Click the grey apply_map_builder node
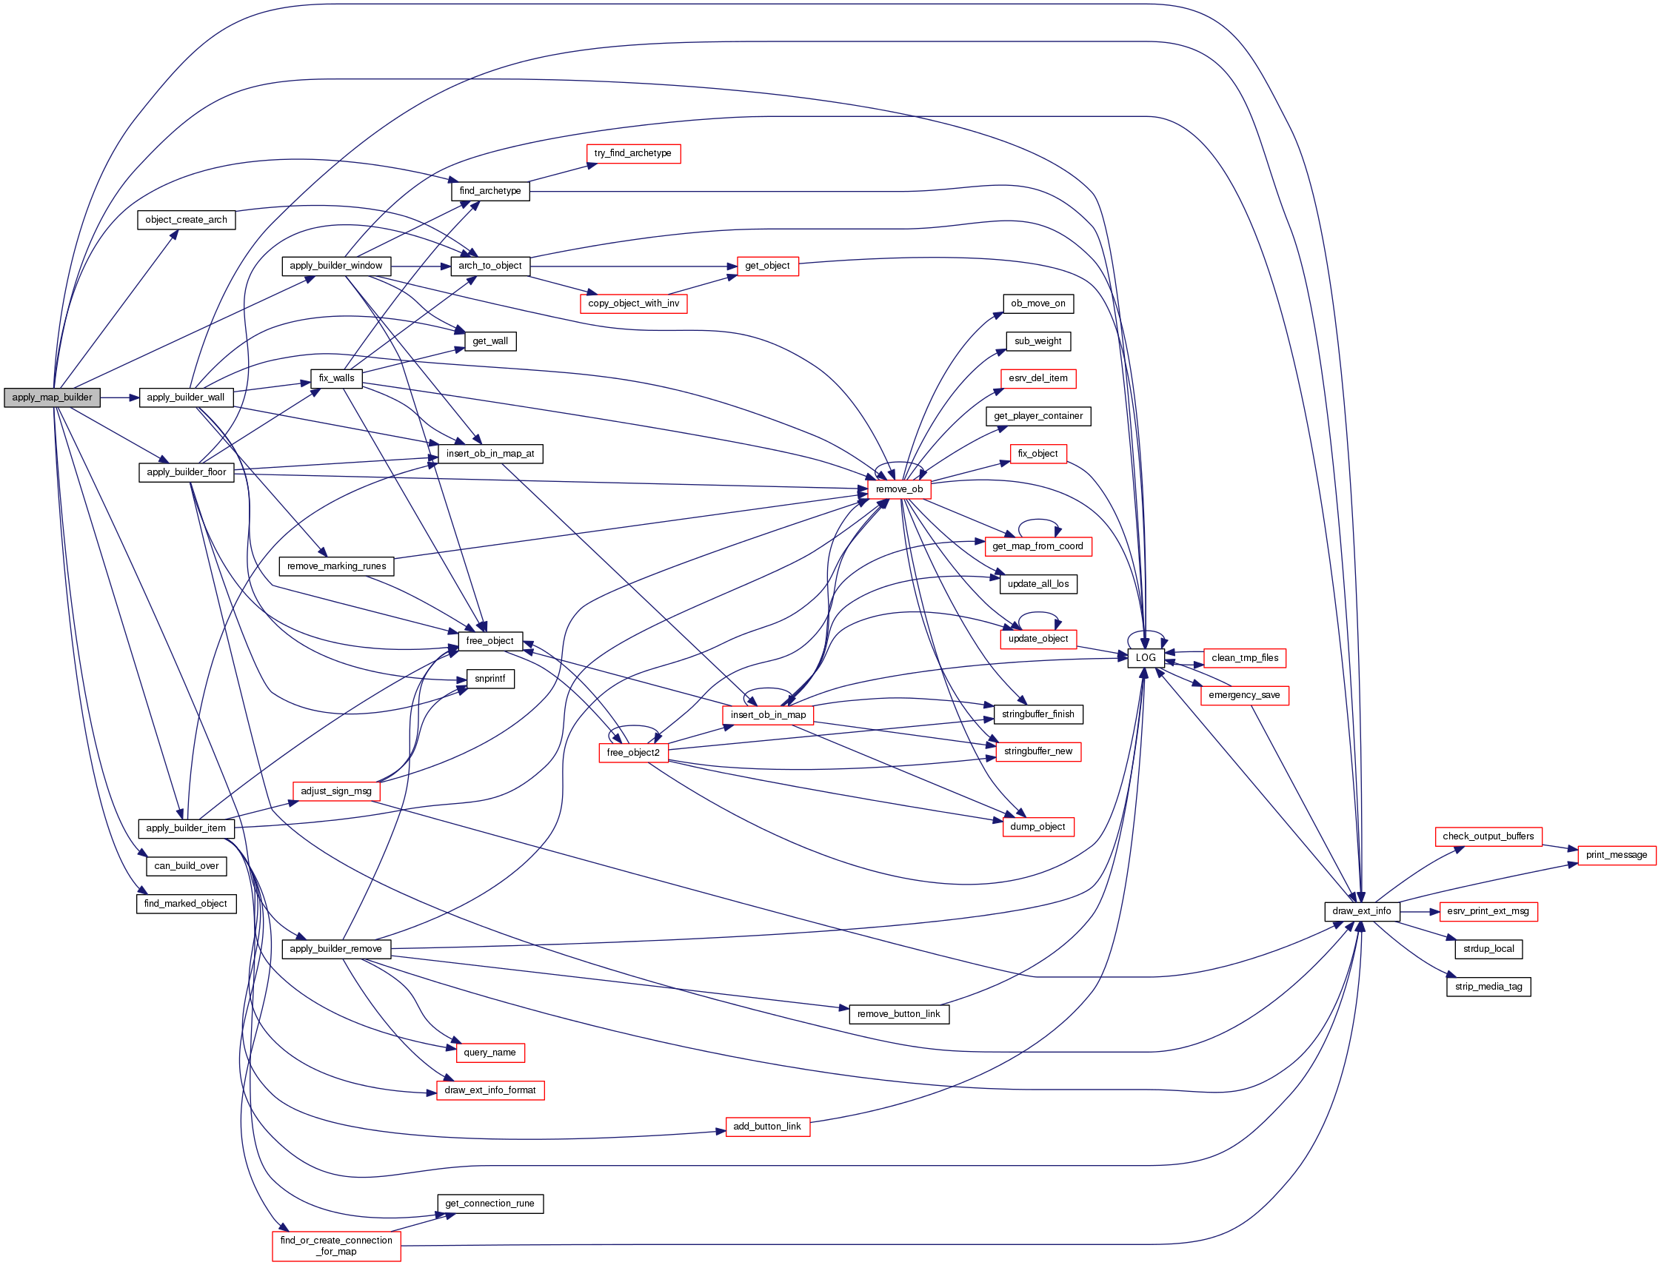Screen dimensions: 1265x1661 (52, 397)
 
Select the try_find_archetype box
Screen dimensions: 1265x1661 (632, 154)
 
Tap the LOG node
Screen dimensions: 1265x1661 (1145, 658)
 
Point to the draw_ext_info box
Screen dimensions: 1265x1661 (1361, 911)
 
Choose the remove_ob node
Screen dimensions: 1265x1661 (899, 489)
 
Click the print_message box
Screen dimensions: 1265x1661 (1616, 855)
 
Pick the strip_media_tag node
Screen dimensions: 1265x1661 (1488, 987)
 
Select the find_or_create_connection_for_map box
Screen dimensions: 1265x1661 (336, 1246)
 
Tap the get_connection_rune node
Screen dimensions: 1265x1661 (489, 1204)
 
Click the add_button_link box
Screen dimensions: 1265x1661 (767, 1127)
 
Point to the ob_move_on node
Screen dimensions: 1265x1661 (1037, 303)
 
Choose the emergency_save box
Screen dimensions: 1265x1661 (1243, 695)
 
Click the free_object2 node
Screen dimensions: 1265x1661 (632, 752)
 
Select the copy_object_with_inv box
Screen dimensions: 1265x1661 (632, 303)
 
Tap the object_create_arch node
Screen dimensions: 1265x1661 (186, 220)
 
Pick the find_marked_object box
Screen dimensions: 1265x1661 (185, 904)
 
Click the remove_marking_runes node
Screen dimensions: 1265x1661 (336, 566)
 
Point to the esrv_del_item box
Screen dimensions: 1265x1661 (1037, 378)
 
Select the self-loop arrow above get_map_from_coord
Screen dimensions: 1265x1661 (1039, 521)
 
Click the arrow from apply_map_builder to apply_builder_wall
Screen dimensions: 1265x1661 (120, 397)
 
